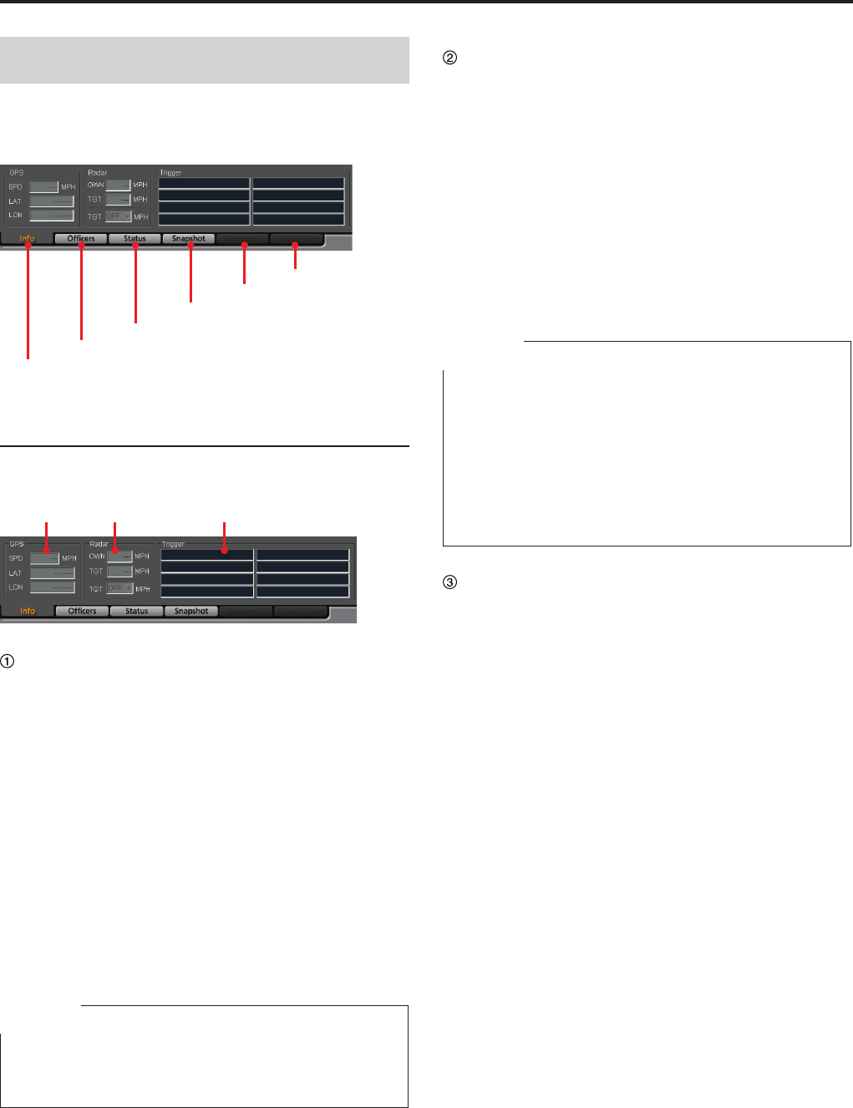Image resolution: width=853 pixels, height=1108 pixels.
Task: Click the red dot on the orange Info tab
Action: point(28,244)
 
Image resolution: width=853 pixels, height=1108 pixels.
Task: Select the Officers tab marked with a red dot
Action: point(81,244)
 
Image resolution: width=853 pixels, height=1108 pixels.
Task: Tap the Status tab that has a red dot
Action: point(135,244)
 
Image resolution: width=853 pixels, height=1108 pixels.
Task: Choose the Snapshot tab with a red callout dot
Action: point(190,244)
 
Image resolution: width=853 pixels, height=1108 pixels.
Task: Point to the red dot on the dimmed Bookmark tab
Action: point(244,245)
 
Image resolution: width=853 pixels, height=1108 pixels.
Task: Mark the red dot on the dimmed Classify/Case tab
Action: point(295,245)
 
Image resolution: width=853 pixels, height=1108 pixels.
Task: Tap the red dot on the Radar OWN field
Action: point(114,551)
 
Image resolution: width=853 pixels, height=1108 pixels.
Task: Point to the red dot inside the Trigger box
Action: point(225,551)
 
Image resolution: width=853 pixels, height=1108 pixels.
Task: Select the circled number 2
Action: point(449,58)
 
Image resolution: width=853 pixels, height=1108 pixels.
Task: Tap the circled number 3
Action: point(449,582)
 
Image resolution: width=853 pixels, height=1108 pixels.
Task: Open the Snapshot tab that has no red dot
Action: point(191,611)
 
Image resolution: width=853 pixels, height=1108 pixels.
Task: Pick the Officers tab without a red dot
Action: point(82,611)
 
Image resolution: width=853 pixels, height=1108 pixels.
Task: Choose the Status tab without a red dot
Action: point(136,611)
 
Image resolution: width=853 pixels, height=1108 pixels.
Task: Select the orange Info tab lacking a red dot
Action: point(28,611)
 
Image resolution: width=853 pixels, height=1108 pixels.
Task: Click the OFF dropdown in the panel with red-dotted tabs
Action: point(118,216)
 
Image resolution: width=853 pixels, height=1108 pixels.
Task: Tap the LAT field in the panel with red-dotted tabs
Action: point(52,201)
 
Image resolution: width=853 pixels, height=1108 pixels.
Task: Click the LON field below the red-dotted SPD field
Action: point(53,587)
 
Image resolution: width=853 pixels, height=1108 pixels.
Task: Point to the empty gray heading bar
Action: point(205,60)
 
